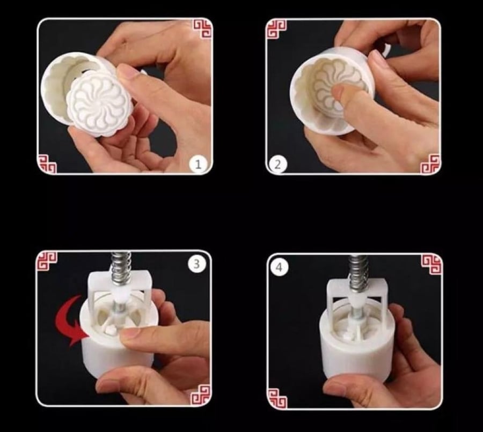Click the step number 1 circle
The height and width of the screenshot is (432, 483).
pos(198,164)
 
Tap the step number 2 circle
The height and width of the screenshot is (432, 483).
pos(277,165)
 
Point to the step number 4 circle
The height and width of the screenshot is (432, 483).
pos(279,267)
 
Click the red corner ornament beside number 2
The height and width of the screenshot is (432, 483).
pos(430,164)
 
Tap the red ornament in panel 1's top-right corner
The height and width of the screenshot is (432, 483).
pos(202,28)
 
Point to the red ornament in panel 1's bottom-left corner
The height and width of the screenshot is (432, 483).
pos(47,165)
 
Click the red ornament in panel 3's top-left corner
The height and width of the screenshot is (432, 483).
pos(47,261)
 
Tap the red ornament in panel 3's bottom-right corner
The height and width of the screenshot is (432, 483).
pos(201,396)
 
